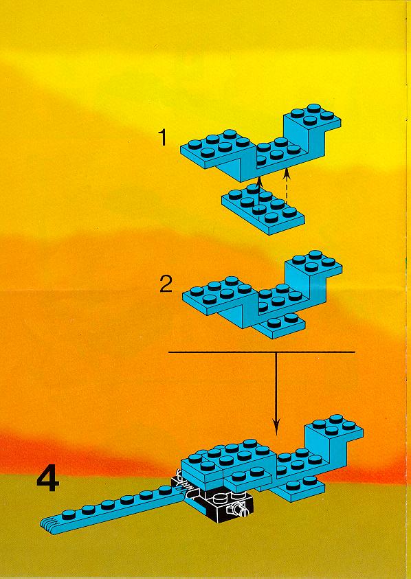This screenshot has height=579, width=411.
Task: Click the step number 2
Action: (166, 285)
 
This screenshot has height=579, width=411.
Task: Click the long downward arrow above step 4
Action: (276, 394)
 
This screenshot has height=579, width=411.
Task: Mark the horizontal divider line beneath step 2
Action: (262, 352)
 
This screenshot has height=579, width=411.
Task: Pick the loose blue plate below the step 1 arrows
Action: (263, 209)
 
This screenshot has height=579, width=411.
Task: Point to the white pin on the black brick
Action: (241, 509)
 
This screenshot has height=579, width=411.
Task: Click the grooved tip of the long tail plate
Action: (48, 525)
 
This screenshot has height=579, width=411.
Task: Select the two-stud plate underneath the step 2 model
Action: (282, 324)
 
